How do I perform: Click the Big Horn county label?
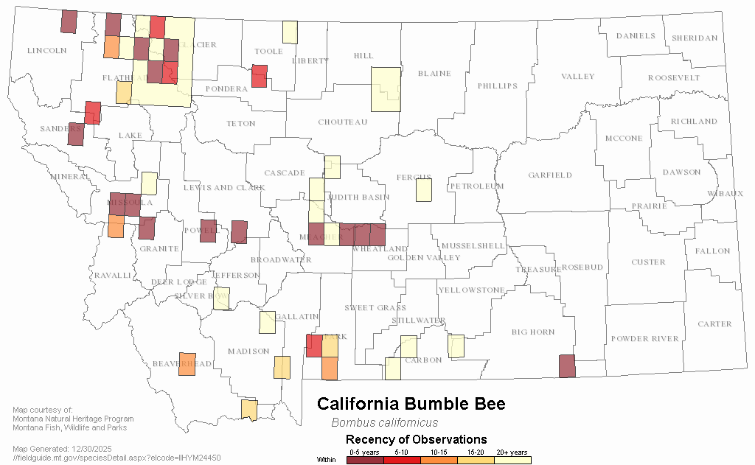533,332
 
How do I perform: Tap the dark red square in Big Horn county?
566,366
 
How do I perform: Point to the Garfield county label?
550,175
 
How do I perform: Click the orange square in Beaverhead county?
187,364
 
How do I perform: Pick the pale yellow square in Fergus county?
423,190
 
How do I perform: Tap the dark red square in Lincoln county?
69,21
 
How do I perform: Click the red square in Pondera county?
259,76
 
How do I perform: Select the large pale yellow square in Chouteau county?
386,89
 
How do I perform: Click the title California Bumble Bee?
411,404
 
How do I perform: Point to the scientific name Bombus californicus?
384,423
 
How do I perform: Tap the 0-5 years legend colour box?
365,460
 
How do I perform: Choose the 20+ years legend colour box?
512,460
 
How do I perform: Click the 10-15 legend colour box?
439,460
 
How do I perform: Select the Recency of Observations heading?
416,440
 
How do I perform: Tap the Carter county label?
714,324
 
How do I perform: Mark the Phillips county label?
498,86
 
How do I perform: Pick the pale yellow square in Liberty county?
290,32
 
